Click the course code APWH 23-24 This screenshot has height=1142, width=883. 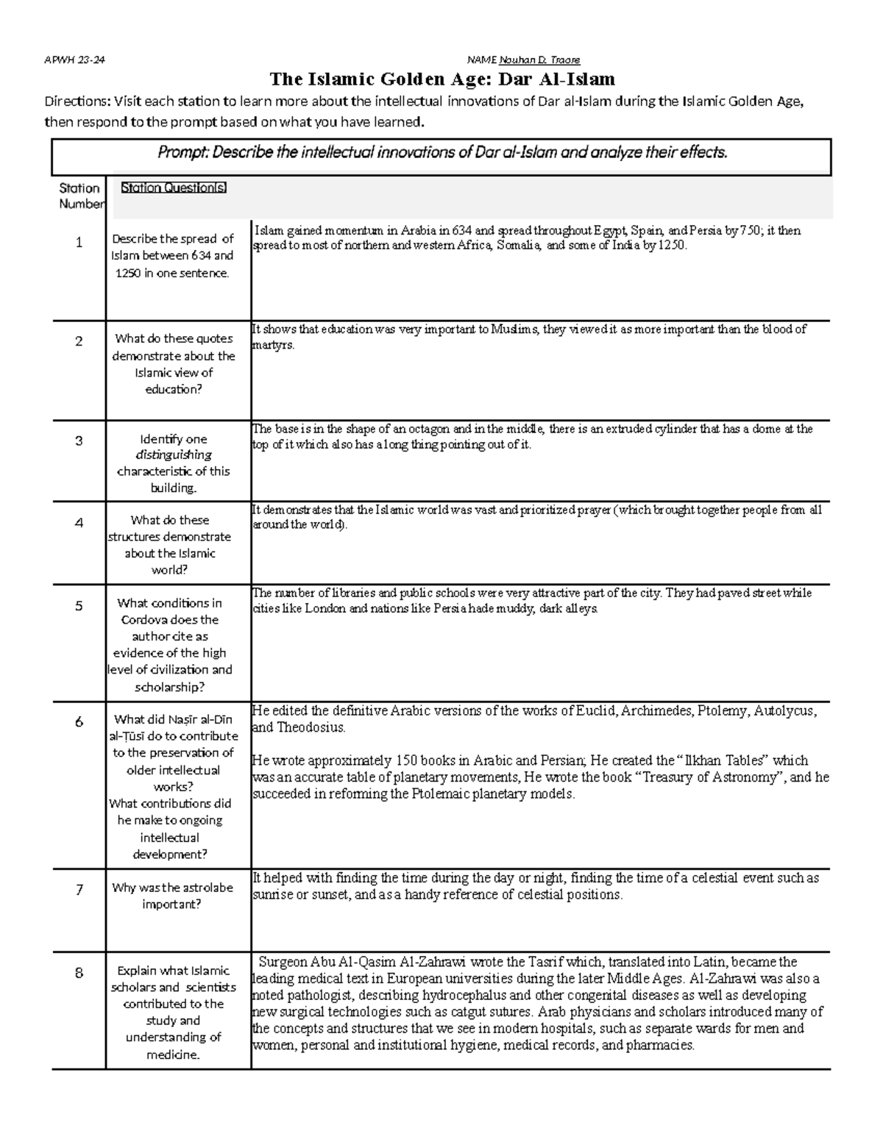pos(75,60)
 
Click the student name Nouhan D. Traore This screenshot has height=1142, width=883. pos(540,60)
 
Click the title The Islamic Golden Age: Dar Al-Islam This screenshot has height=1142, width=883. pos(441,79)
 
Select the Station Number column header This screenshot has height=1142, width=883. pos(79,196)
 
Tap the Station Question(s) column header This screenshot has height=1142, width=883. pos(174,188)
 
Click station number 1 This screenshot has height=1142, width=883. pos(79,243)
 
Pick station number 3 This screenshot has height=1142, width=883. pos(79,441)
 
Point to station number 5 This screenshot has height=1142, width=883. pos(79,607)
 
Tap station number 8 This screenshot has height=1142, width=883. pos(79,974)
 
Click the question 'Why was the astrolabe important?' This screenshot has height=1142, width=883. pos(172,896)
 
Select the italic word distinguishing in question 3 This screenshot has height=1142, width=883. pos(172,455)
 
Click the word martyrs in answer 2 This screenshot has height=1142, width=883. pos(272,345)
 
